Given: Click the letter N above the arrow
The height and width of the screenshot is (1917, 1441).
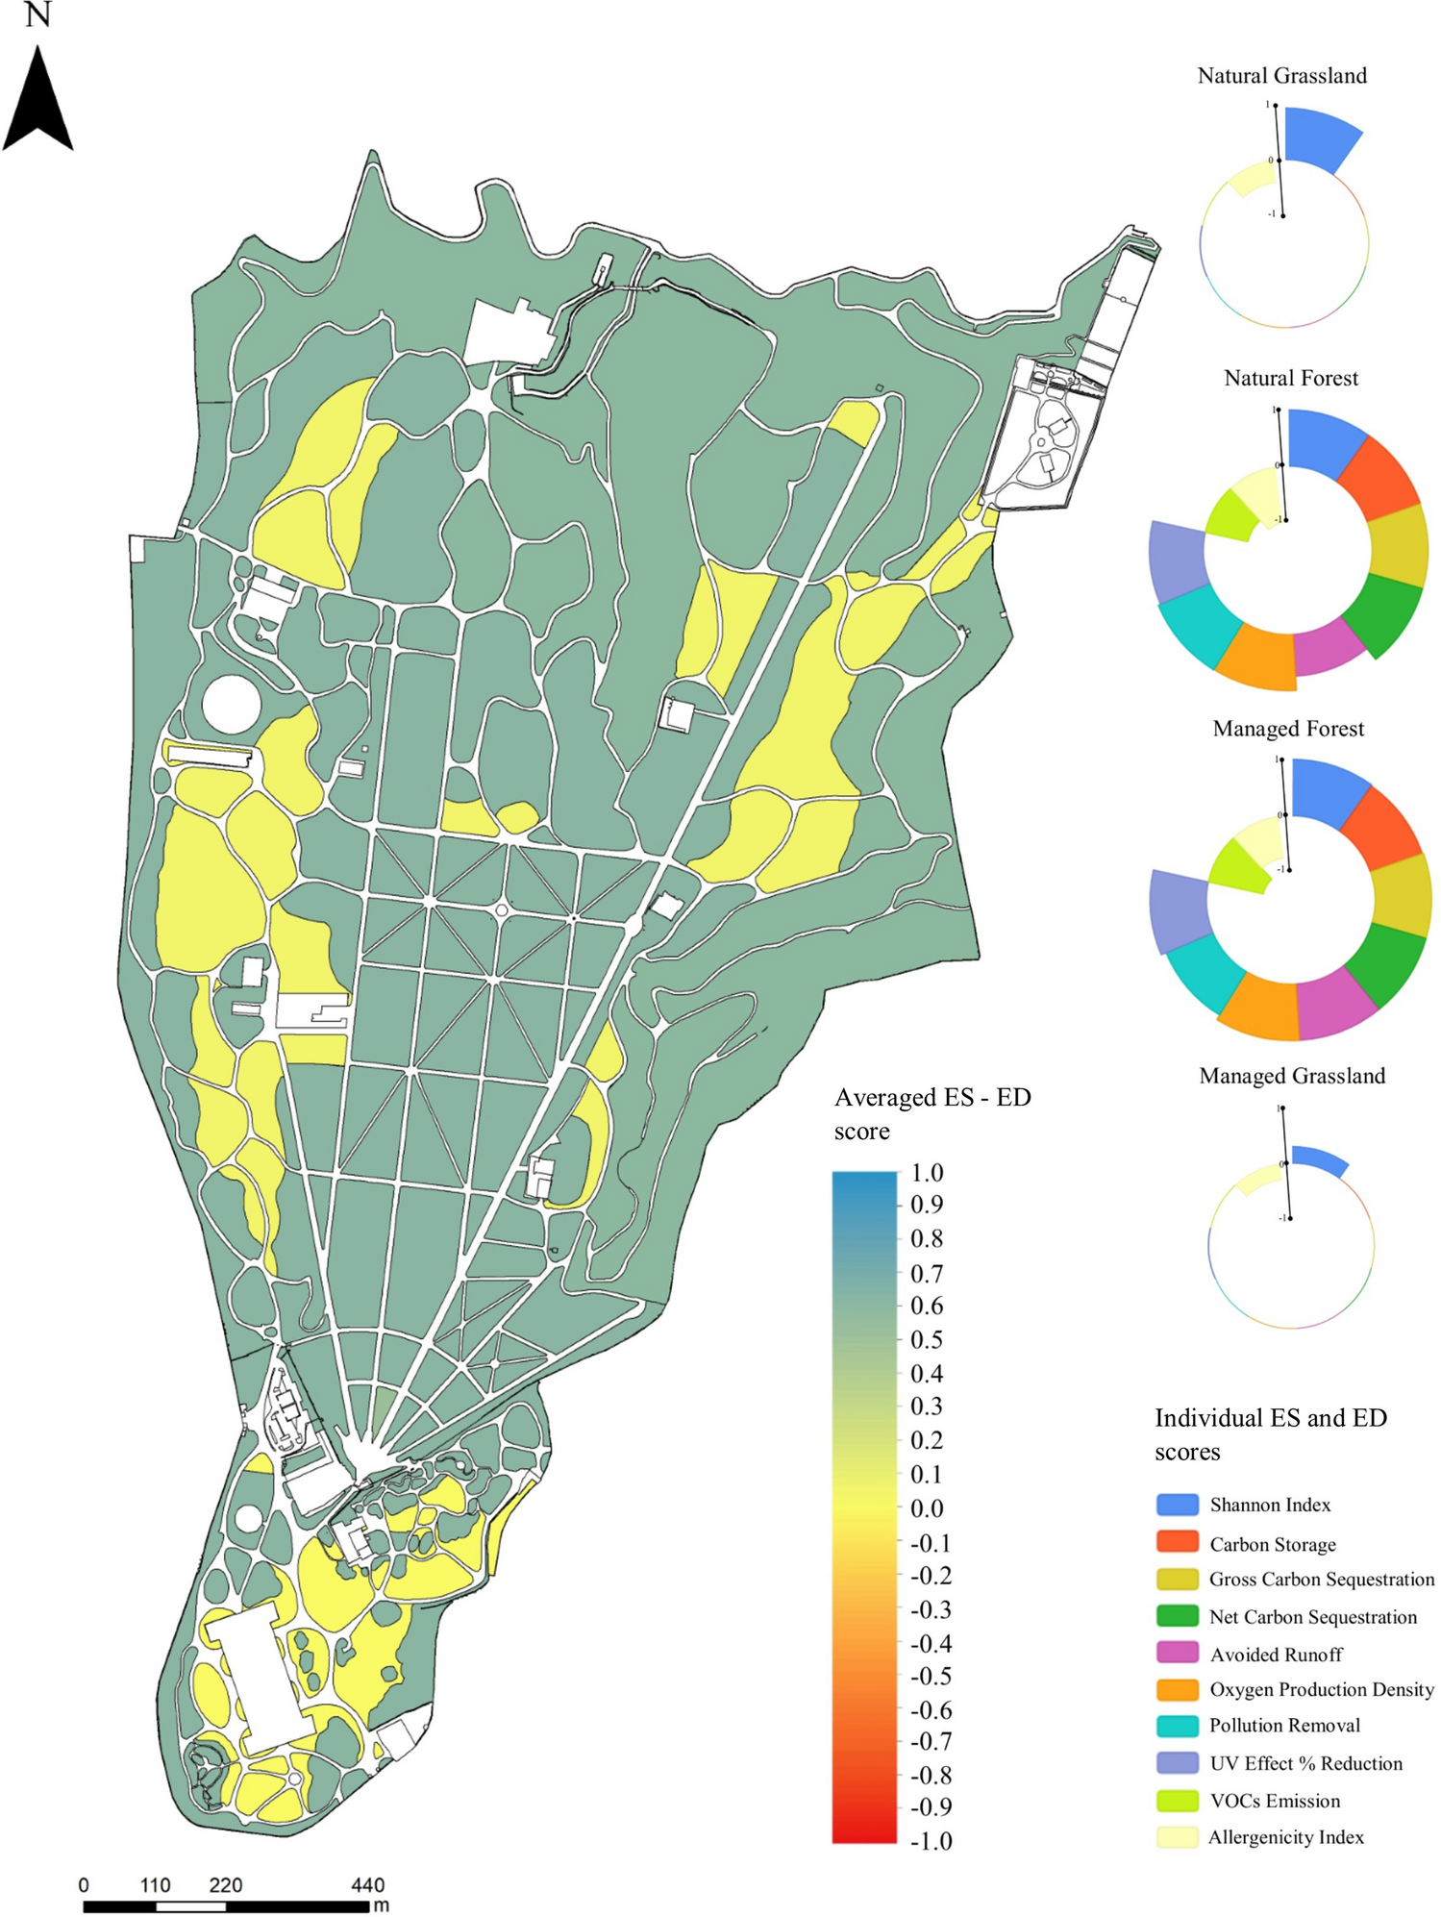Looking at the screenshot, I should tap(37, 15).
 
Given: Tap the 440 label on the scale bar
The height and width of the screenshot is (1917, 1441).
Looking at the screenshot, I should tap(367, 1885).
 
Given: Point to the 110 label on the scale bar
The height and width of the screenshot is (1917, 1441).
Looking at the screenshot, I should tap(155, 1885).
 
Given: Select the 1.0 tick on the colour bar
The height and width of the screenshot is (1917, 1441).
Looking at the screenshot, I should tap(927, 1173).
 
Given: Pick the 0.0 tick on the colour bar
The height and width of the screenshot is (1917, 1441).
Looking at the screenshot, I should tap(927, 1507).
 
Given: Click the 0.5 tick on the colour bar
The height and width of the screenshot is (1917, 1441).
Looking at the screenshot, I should tap(927, 1339).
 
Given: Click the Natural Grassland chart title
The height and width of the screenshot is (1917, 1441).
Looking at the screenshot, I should tap(1281, 76).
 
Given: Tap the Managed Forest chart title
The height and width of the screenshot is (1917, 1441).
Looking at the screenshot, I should tap(1288, 729).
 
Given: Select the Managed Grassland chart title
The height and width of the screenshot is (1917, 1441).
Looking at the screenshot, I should tap(1292, 1076).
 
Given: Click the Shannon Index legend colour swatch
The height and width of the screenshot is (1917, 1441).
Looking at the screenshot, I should tap(1177, 1505).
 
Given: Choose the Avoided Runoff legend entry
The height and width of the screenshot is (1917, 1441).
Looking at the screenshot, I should tap(1276, 1655).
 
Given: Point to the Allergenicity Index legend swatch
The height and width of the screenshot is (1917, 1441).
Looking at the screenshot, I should tap(1177, 1837).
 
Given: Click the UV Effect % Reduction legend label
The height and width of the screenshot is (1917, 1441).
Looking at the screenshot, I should tap(1305, 1763).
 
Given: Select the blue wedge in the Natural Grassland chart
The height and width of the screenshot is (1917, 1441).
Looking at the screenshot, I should tap(1321, 137).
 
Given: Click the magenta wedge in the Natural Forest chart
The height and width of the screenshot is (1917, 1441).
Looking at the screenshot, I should tap(1329, 647).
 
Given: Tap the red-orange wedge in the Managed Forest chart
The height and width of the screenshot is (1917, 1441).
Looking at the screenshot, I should tap(1380, 826).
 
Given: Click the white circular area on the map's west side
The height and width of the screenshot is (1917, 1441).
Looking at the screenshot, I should tap(232, 705).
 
